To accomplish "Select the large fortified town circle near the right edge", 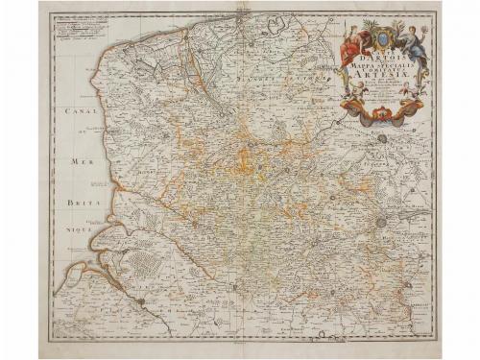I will click(383, 222).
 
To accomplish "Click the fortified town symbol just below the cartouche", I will click(382, 139).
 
